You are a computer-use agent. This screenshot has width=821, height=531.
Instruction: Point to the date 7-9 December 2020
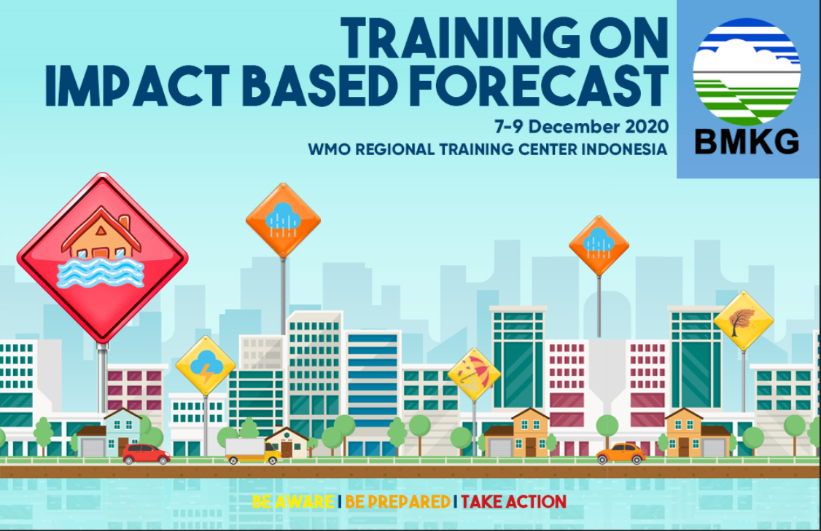[582, 127]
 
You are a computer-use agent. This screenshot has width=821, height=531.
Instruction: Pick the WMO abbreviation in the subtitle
[329, 149]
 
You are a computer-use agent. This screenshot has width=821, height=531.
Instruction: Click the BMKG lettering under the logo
[747, 141]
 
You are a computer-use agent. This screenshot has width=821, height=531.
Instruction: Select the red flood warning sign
[103, 258]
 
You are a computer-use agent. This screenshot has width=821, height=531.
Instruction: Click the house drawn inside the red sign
[101, 233]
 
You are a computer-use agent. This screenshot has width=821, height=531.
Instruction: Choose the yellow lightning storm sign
[206, 366]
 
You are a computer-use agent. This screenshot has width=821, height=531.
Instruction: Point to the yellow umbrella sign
[474, 374]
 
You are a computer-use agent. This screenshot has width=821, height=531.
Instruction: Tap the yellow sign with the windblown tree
[744, 320]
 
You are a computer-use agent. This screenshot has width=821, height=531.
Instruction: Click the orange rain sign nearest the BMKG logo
[599, 245]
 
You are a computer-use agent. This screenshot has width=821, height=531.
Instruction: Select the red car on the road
[146, 454]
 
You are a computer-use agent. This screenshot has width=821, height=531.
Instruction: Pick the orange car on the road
[621, 454]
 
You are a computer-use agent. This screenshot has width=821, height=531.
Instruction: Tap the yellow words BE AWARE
[293, 502]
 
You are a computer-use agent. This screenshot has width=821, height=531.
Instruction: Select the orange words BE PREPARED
[398, 502]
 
